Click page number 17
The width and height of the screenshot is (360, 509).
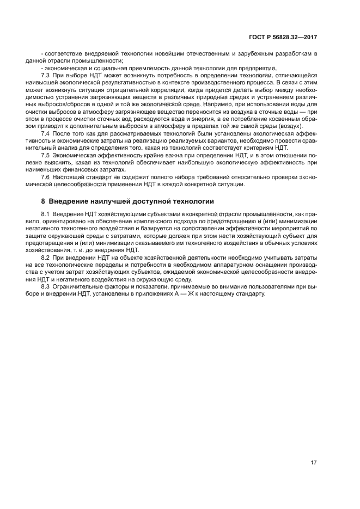tap(314, 463)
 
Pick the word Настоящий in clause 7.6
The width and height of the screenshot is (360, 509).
tap(80, 177)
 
